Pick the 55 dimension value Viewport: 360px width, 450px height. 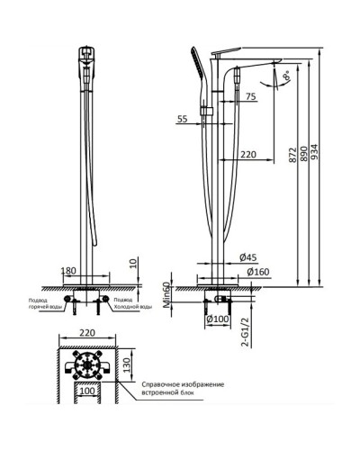coord(183,119)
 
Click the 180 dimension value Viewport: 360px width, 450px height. coord(67,270)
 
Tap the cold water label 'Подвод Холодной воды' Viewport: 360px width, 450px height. coord(134,303)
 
